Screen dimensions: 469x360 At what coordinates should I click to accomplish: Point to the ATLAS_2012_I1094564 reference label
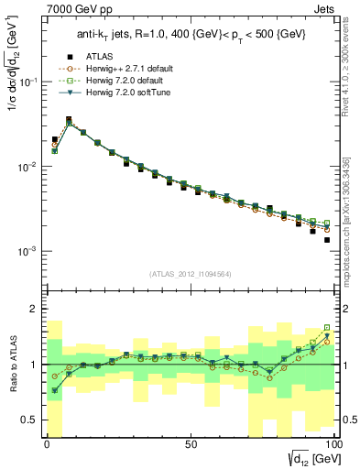point(190,272)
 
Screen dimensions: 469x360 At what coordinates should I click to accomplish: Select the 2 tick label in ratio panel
point(36,309)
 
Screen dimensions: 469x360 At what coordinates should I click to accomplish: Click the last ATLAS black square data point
point(327,240)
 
